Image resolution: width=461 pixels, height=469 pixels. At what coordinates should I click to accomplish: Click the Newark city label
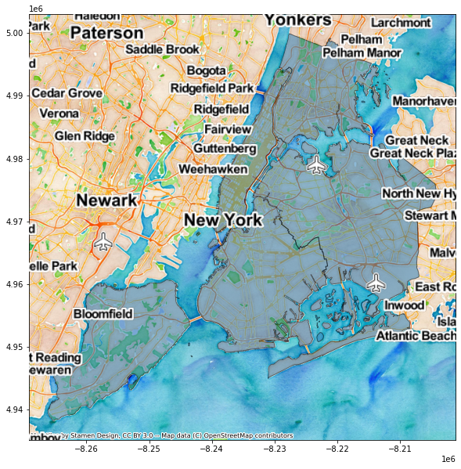click(x=107, y=200)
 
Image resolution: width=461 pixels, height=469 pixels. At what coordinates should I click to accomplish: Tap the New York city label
click(x=223, y=220)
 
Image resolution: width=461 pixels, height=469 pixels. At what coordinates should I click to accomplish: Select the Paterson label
click(x=106, y=33)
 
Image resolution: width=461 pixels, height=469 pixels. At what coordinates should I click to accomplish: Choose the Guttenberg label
click(x=225, y=148)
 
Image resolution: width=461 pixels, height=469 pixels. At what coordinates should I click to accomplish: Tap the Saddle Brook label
click(x=163, y=49)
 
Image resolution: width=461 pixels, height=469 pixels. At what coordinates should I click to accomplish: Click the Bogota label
click(x=207, y=70)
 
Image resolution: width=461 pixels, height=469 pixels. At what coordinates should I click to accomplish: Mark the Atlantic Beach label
click(x=415, y=336)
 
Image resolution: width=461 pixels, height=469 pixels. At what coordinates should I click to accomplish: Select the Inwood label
click(x=404, y=305)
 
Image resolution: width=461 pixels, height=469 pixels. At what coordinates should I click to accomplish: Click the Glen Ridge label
click(x=85, y=135)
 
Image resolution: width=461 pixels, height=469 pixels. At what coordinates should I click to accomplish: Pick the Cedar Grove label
click(x=67, y=93)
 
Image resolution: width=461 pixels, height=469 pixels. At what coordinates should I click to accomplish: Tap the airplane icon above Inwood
click(x=376, y=282)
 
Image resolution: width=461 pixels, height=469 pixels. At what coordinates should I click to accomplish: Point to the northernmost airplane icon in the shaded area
click(x=316, y=164)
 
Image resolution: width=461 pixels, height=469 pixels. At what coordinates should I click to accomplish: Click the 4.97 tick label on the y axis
click(x=15, y=222)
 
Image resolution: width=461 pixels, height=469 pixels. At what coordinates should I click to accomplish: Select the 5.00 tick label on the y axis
click(x=15, y=33)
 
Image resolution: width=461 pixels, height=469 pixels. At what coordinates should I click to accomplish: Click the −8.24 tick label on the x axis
click(x=212, y=449)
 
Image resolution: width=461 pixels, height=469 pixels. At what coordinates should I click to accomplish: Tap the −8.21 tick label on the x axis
click(x=402, y=449)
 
